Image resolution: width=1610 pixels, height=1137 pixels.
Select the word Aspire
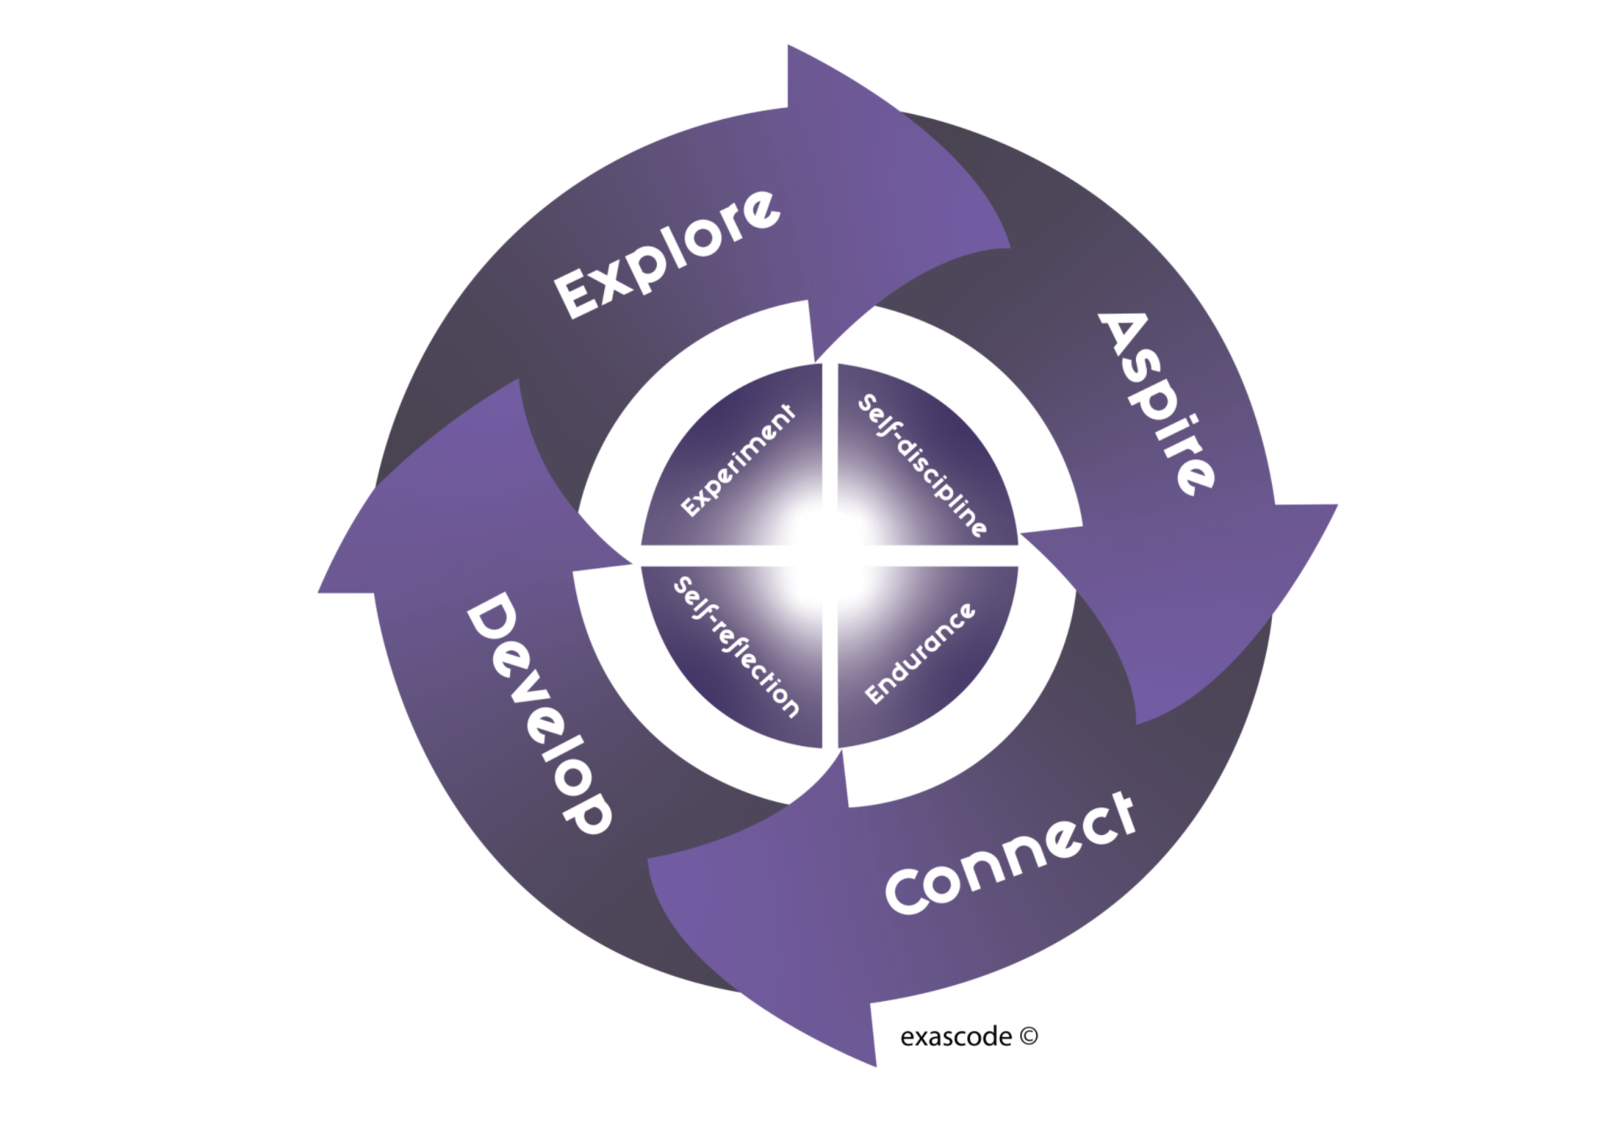pyautogui.click(x=1155, y=403)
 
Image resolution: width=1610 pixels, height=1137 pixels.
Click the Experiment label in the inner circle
pyautogui.click(x=737, y=461)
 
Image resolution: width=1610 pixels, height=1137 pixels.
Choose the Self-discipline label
pyautogui.click(x=922, y=465)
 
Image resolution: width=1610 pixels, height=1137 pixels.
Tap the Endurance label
pyautogui.click(x=920, y=654)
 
